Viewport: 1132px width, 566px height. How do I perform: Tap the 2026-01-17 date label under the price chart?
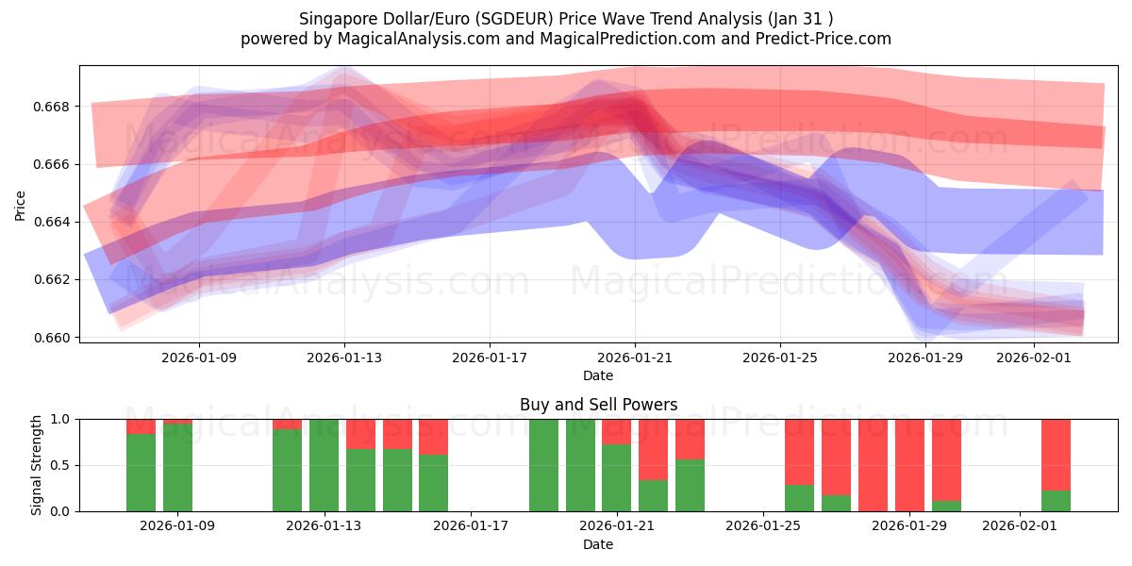coord(489,358)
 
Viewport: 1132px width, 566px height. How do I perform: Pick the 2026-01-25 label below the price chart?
coord(780,358)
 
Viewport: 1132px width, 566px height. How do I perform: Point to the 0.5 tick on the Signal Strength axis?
coord(63,465)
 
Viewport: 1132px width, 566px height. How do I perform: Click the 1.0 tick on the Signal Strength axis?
coord(63,419)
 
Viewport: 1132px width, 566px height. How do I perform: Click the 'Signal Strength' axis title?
coord(36,465)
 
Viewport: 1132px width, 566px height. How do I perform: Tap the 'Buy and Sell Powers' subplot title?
coord(598,405)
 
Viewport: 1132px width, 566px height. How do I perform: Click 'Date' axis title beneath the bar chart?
coord(598,544)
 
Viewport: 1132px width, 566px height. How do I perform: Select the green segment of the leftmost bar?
coord(141,472)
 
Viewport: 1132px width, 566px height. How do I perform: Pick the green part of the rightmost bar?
coord(1056,501)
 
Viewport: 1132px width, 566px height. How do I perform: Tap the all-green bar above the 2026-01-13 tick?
coord(324,465)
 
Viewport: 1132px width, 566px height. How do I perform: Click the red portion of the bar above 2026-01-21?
coord(616,431)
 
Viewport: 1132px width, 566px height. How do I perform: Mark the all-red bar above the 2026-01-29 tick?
coord(909,465)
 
